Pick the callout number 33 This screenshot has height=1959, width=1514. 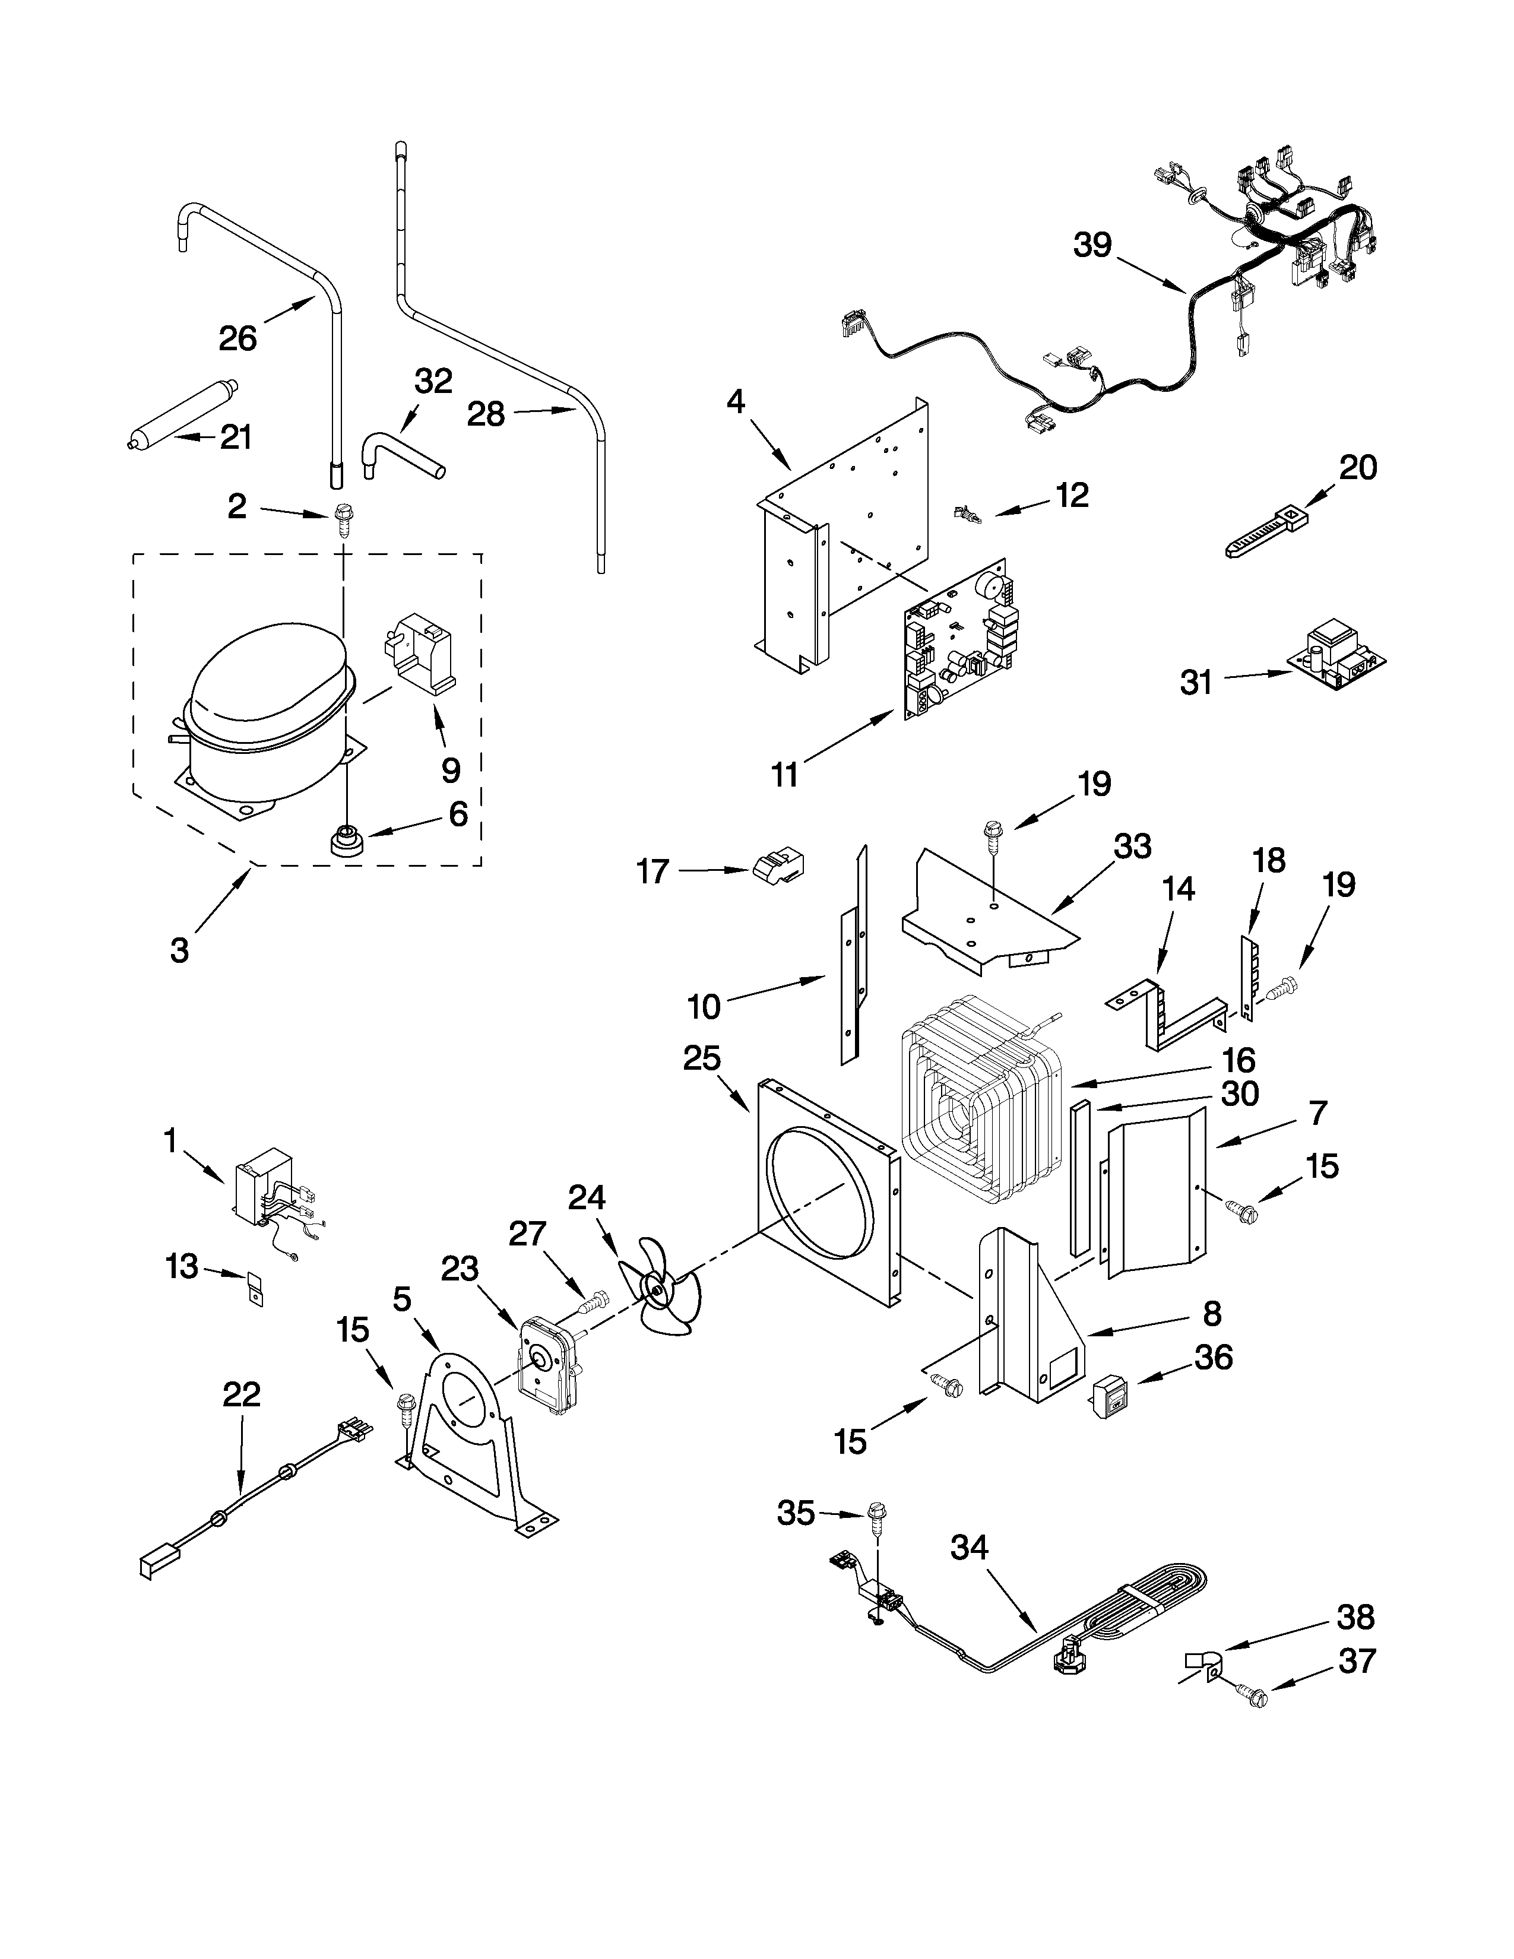(1132, 846)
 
